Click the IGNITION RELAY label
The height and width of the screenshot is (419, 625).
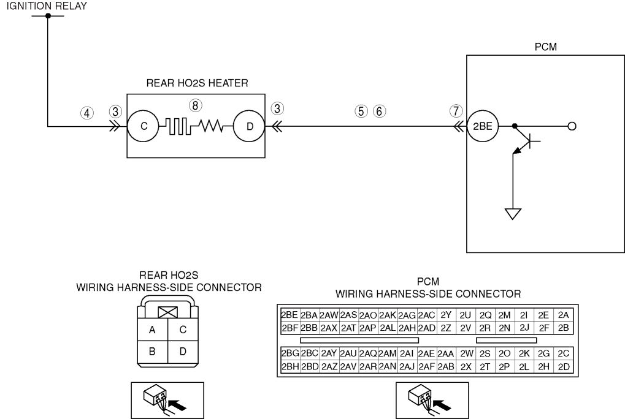pos(47,6)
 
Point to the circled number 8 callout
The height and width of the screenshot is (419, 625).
pos(195,105)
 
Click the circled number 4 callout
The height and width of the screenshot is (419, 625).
pos(87,113)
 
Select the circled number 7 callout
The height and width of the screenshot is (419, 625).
pos(456,111)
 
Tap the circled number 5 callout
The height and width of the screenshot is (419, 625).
pos(361,111)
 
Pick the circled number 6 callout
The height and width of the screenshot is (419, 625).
pos(380,111)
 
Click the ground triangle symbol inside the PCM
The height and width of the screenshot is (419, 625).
pos(513,214)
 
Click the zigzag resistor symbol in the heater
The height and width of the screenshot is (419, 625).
pos(211,126)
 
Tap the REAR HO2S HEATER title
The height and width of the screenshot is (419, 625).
pos(197,83)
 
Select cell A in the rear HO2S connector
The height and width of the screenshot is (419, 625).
pos(152,330)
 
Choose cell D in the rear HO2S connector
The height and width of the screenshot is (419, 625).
pos(183,352)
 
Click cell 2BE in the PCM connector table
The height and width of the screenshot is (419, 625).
pos(289,315)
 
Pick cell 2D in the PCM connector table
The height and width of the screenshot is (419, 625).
pos(564,366)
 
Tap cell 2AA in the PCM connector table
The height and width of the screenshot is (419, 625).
pos(446,353)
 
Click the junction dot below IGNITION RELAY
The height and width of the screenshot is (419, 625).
pos(48,16)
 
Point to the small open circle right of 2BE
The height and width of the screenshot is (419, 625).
pos(572,126)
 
